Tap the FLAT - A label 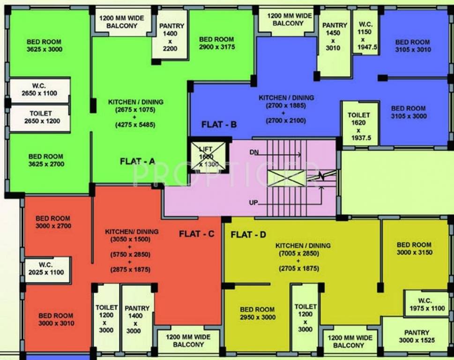(137, 161)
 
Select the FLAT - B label (219, 125)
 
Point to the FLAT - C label (197, 234)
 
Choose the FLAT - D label (248, 235)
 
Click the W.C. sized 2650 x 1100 (39, 90)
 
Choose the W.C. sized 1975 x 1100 (425, 304)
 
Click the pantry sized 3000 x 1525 (417, 336)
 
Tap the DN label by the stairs (254, 152)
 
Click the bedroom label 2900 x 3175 (216, 43)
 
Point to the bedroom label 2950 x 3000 (257, 313)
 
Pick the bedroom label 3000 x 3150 (414, 248)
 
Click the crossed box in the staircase (286, 178)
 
